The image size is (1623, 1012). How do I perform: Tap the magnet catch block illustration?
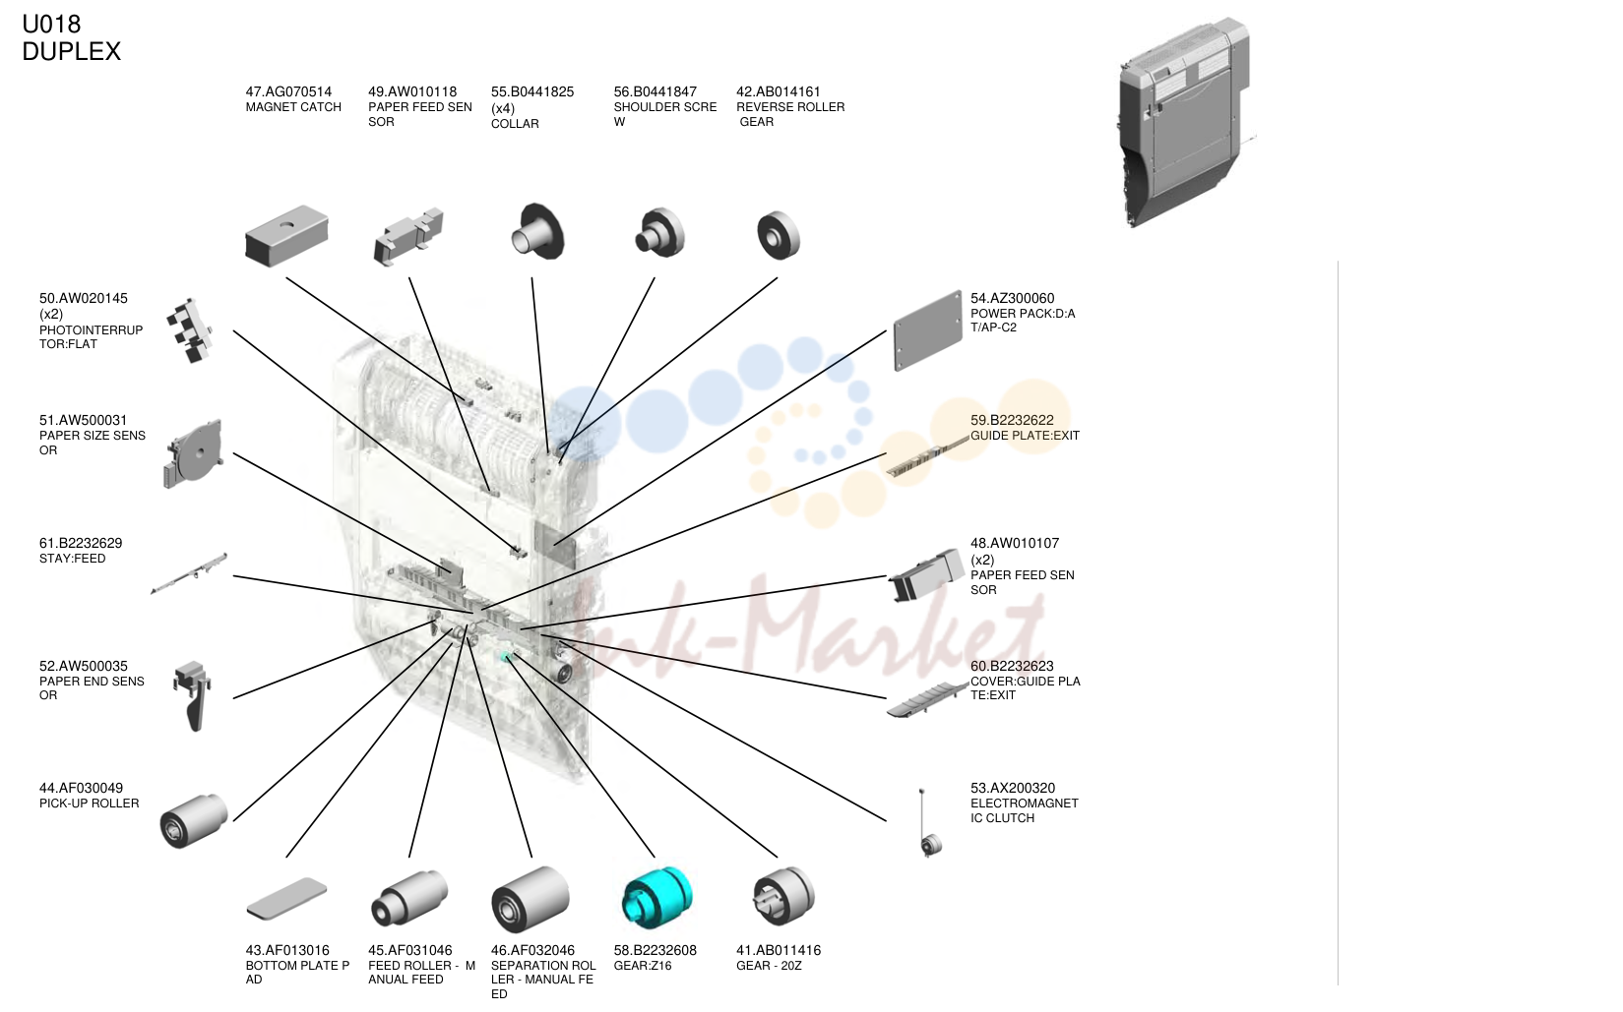(x=287, y=235)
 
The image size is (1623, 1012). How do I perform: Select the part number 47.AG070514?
(x=288, y=91)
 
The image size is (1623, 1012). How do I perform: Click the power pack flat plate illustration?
(x=927, y=330)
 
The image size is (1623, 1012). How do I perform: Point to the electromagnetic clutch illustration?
(x=928, y=824)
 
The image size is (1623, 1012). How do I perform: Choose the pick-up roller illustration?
(x=194, y=821)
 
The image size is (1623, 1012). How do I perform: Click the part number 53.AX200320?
(x=1012, y=788)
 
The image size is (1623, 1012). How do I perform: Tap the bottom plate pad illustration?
(x=287, y=898)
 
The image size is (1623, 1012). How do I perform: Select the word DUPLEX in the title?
(x=71, y=51)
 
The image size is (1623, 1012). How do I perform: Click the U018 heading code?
(x=51, y=24)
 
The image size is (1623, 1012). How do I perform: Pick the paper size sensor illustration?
(x=193, y=453)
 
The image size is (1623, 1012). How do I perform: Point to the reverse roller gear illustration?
(x=779, y=235)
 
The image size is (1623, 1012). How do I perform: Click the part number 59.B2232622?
(x=1012, y=420)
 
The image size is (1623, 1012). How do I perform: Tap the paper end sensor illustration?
(x=193, y=695)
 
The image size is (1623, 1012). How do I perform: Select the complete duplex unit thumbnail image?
(x=1184, y=122)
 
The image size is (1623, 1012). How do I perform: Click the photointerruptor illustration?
(x=190, y=330)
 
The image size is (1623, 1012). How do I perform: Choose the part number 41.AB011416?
(x=779, y=950)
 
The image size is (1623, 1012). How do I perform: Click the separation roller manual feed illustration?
(x=531, y=899)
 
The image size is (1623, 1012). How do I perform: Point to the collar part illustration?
(x=536, y=231)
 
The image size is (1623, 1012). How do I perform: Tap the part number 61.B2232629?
(x=81, y=543)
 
